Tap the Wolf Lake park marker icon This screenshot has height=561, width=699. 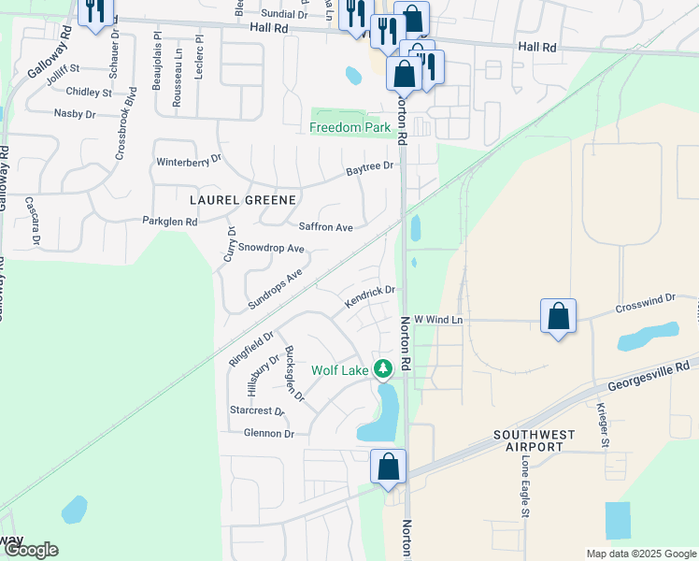[x=382, y=370]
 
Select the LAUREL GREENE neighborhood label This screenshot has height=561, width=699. [x=242, y=200]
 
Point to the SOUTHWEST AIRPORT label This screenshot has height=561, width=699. [x=529, y=440]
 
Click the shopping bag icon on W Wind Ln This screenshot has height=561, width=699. [x=558, y=316]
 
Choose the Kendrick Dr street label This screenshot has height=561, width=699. [x=370, y=297]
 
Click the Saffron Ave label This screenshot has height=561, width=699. [x=325, y=227]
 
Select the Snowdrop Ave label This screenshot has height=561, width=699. [x=271, y=249]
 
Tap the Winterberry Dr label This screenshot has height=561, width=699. [x=189, y=160]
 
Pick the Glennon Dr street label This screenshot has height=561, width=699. [x=268, y=434]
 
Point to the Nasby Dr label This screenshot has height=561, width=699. [x=75, y=114]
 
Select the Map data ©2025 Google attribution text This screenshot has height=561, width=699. [x=640, y=554]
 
